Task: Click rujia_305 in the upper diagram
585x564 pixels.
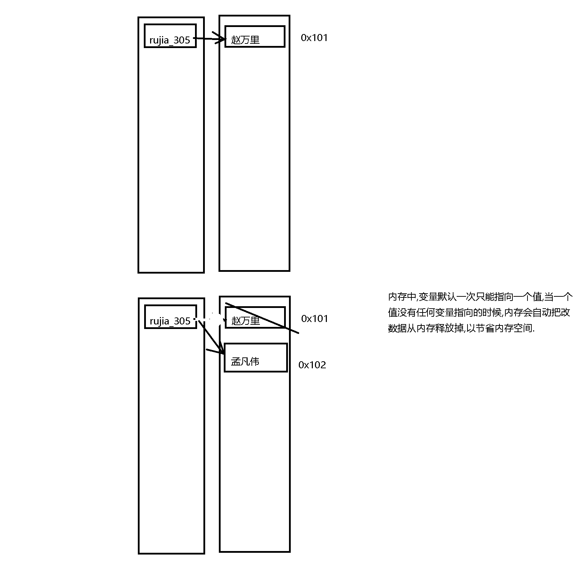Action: click(x=170, y=40)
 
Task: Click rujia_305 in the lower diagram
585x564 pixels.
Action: click(x=170, y=321)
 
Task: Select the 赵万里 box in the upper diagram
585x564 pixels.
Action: click(x=255, y=36)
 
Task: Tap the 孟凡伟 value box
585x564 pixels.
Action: click(x=256, y=357)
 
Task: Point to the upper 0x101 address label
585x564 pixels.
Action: click(x=314, y=38)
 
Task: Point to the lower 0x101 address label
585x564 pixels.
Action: click(x=315, y=318)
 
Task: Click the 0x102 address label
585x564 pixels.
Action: click(x=312, y=365)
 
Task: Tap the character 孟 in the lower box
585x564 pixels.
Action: click(x=235, y=361)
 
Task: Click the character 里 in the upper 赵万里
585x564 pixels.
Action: click(x=255, y=40)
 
